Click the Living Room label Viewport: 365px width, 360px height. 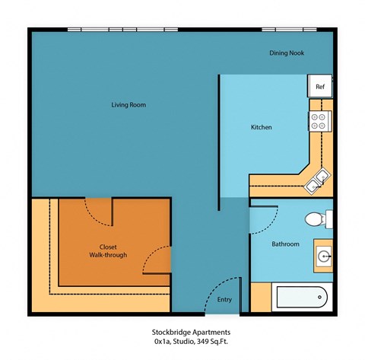tap(128, 104)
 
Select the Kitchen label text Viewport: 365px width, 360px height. tap(261, 127)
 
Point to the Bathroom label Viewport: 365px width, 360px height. tap(285, 244)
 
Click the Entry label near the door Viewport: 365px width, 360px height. tap(224, 299)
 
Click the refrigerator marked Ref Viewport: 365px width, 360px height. tap(320, 87)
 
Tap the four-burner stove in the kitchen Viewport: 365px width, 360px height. tap(319, 119)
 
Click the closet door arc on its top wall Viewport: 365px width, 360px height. tap(97, 209)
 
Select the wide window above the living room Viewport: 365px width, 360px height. tap(123, 30)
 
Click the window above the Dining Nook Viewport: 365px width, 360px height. tap(288, 30)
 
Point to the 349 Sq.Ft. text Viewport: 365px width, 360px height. tap(205, 343)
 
